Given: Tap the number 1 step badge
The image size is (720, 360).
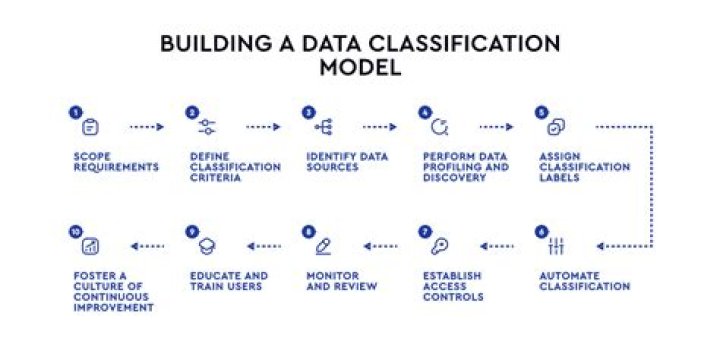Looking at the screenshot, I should click(75, 112).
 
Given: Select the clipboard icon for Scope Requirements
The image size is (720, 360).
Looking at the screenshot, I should click(90, 127).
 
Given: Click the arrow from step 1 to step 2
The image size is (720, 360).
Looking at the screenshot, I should click(147, 127).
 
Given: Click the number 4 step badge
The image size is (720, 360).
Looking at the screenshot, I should click(425, 112).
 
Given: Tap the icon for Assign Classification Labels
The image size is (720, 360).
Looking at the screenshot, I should click(556, 127).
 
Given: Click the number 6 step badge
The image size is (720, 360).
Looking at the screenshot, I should click(542, 231).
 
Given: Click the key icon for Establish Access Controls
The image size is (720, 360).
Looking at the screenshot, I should click(439, 246).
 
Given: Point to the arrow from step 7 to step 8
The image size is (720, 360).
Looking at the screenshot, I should click(381, 246).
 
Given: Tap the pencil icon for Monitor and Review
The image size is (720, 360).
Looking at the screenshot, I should click(323, 246).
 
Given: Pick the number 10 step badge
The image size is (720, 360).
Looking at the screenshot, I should click(75, 231).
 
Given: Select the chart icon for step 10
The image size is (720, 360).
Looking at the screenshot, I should click(90, 246).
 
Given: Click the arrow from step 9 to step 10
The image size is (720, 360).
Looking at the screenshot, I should click(147, 246).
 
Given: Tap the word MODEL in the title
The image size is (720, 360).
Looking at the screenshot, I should click(360, 68).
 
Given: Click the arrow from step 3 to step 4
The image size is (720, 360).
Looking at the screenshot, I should click(380, 127).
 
